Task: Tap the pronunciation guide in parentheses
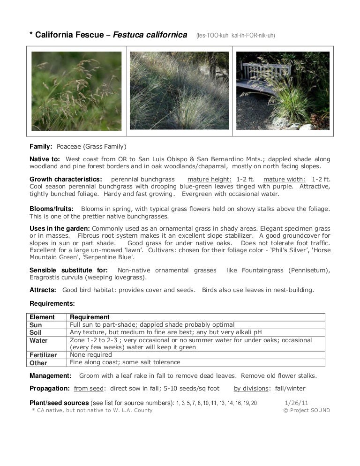click(235, 35)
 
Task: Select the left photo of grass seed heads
click(76, 91)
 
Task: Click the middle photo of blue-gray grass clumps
click(180, 91)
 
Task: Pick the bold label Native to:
click(46, 159)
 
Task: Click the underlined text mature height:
click(210, 179)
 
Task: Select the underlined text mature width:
click(285, 179)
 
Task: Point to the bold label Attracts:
click(43, 290)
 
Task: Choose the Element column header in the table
click(42, 317)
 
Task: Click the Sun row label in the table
click(36, 325)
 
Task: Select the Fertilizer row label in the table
click(43, 355)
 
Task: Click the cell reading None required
click(91, 355)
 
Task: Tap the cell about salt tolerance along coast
click(125, 362)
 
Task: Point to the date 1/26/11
click(296, 402)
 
